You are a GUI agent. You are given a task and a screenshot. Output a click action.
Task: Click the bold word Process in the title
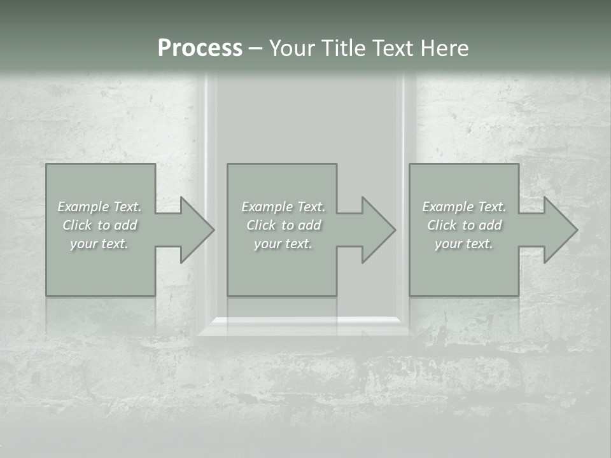click(200, 48)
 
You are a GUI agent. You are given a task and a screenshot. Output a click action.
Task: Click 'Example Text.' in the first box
click(99, 207)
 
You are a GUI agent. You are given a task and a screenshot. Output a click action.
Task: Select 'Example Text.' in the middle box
click(283, 207)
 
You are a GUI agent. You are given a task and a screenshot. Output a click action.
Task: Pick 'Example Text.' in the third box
click(464, 207)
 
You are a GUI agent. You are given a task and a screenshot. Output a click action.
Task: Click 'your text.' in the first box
click(99, 244)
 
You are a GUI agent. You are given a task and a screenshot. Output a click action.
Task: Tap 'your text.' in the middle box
click(283, 244)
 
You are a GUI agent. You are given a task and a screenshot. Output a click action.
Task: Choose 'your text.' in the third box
click(464, 244)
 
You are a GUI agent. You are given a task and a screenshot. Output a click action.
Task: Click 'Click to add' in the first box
click(99, 225)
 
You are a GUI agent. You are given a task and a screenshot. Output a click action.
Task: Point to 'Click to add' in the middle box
click(283, 225)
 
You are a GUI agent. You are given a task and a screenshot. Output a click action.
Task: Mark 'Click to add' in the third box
click(464, 225)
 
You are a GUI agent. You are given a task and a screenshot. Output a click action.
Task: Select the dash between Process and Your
click(255, 48)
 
